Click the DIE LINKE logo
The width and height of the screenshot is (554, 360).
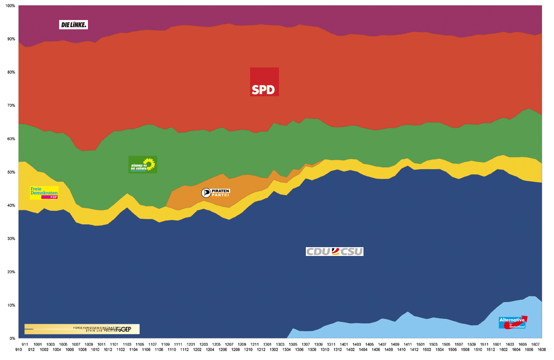(73, 24)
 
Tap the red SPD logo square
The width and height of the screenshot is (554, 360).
(264, 82)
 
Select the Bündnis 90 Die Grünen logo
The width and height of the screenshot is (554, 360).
(143, 165)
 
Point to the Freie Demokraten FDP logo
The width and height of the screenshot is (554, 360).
(44, 192)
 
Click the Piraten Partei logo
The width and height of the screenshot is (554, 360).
(215, 192)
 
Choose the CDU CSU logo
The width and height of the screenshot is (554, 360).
(335, 252)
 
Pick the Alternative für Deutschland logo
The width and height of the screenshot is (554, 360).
(512, 322)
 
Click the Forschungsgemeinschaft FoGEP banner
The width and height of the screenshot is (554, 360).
(82, 329)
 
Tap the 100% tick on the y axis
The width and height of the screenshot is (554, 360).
(10, 6)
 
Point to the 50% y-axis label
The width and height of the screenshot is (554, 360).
(11, 172)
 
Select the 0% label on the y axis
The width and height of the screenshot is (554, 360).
(12, 339)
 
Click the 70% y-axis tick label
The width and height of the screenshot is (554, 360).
(11, 106)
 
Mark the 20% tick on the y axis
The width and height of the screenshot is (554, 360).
(11, 272)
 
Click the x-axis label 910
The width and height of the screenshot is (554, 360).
(19, 350)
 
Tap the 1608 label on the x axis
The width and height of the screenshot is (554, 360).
(542, 350)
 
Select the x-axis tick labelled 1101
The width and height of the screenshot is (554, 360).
(114, 344)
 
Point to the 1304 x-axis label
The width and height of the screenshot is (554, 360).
(286, 350)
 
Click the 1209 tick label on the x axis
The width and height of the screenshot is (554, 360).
(242, 344)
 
